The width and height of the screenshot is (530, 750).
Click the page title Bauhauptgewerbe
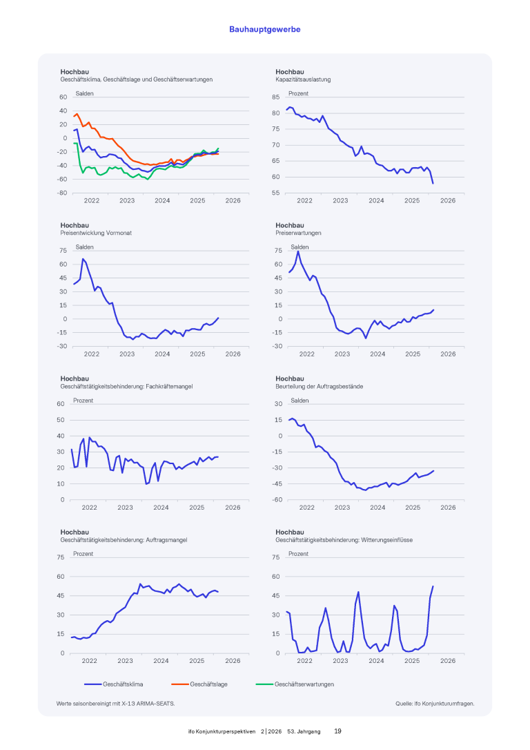click(x=265, y=30)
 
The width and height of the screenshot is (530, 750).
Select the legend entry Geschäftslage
click(x=208, y=684)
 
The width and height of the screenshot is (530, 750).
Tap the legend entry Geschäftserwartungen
click(x=304, y=684)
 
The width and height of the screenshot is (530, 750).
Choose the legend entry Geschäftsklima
click(x=122, y=684)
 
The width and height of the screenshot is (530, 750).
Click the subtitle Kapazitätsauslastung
click(x=303, y=79)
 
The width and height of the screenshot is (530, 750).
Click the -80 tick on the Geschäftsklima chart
click(x=62, y=193)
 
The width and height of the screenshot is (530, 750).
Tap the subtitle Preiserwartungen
click(x=298, y=233)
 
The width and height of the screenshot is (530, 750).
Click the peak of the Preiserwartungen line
click(x=298, y=251)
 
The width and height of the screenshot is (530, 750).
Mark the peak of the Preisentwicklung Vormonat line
click(x=83, y=259)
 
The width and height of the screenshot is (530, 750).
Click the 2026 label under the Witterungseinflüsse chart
click(x=448, y=661)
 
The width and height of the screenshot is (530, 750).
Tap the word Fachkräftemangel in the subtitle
click(x=169, y=386)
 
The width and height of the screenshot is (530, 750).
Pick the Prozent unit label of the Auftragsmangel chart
click(x=83, y=554)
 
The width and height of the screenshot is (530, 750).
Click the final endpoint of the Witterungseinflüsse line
click(x=433, y=586)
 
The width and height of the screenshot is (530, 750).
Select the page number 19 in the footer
click(x=337, y=731)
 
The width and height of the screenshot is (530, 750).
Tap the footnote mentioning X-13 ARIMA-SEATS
click(x=116, y=704)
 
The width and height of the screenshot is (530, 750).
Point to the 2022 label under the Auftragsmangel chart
click(x=90, y=661)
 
